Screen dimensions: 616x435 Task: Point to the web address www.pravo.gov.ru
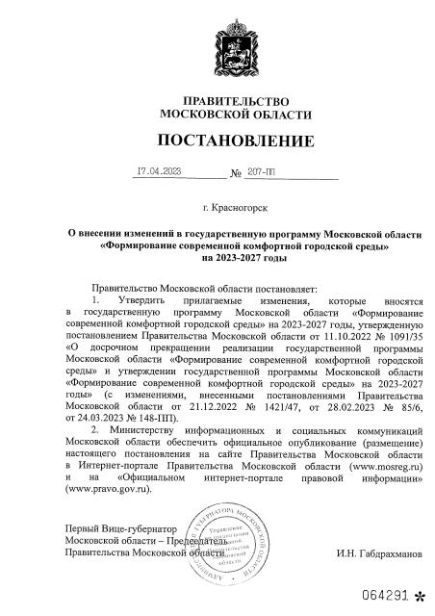coord(111,489)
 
